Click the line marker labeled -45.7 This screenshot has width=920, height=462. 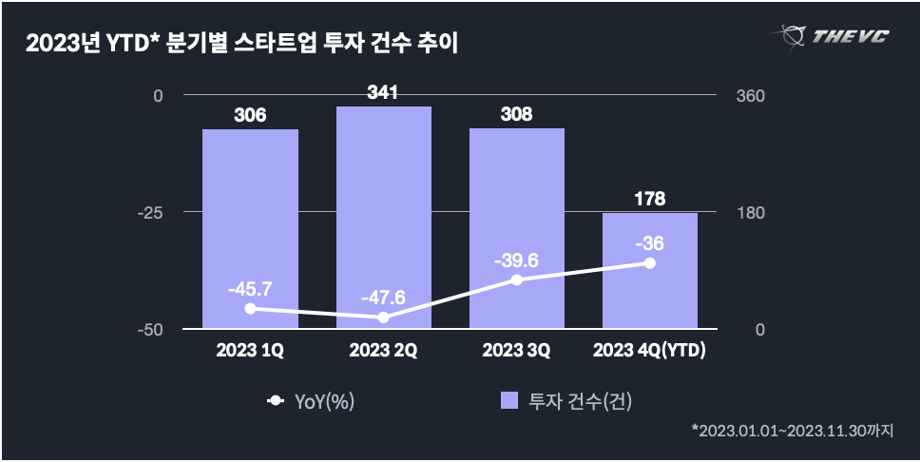coord(250,308)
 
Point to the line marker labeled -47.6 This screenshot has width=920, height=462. coord(383,317)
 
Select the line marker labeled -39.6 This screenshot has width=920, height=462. coord(516,279)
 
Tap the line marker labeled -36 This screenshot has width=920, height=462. coord(650,262)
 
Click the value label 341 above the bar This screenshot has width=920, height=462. coord(383,93)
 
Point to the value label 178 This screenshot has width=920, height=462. coord(650,199)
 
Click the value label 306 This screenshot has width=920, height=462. coord(250,116)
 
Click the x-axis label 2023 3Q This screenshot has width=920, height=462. coord(516,351)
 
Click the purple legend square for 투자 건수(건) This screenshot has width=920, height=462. coord(509,401)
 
